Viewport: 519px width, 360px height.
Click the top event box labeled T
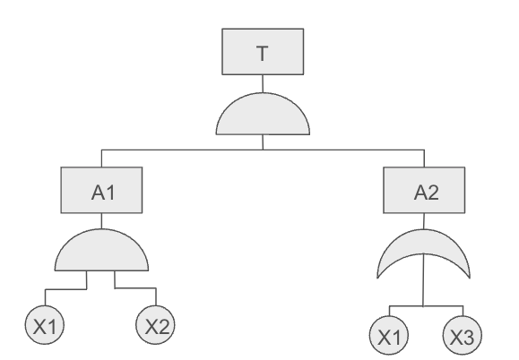tap(263, 52)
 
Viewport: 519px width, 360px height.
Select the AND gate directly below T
tap(263, 115)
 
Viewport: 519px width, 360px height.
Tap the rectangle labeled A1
tap(101, 190)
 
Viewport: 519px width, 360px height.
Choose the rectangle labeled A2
tap(424, 190)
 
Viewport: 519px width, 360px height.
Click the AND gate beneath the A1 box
tap(101, 251)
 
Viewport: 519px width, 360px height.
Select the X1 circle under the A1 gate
tap(45, 325)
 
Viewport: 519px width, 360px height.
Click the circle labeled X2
tap(156, 325)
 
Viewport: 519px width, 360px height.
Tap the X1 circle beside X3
tap(389, 336)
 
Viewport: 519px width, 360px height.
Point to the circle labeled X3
tap(463, 336)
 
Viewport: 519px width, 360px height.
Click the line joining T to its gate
tap(263, 83)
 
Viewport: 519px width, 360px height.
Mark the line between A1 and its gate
tap(101, 221)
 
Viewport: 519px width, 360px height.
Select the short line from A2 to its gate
tap(424, 221)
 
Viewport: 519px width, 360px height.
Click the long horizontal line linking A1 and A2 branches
tap(263, 150)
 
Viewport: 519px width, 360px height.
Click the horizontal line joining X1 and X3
tap(426, 306)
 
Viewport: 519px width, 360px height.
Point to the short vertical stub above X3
tap(463, 311)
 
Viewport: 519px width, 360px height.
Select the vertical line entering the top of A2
tap(424, 159)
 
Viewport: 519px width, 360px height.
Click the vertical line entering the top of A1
tap(101, 159)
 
